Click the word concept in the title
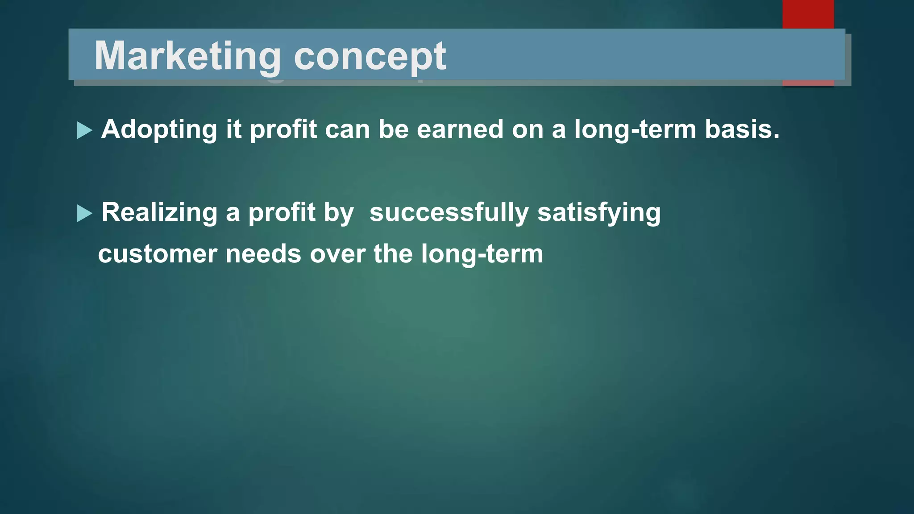pyautogui.click(x=370, y=57)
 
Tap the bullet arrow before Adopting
pyautogui.click(x=84, y=130)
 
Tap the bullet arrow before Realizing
pyautogui.click(x=84, y=213)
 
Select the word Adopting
pyautogui.click(x=159, y=130)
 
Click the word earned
pyautogui.click(x=460, y=129)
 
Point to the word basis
pyautogui.click(x=741, y=129)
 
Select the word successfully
pyautogui.click(x=449, y=212)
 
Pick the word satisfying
pyautogui.click(x=599, y=212)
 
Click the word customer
pyautogui.click(x=157, y=254)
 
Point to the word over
pyautogui.click(x=337, y=254)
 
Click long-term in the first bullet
pyautogui.click(x=635, y=130)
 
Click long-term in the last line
pyautogui.click(x=482, y=254)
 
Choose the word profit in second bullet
pyautogui.click(x=282, y=212)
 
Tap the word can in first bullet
pyautogui.click(x=348, y=130)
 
